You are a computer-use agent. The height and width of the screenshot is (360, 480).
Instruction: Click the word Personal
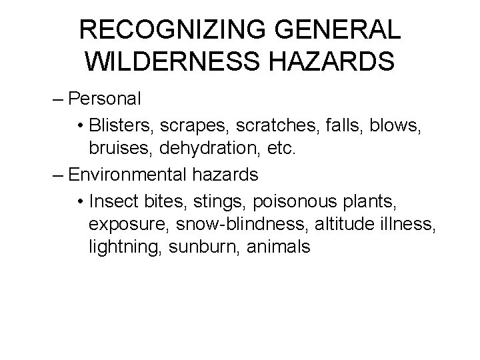[105, 99]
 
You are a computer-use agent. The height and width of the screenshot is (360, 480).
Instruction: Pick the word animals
[279, 247]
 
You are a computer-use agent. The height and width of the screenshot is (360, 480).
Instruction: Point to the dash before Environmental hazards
[57, 175]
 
